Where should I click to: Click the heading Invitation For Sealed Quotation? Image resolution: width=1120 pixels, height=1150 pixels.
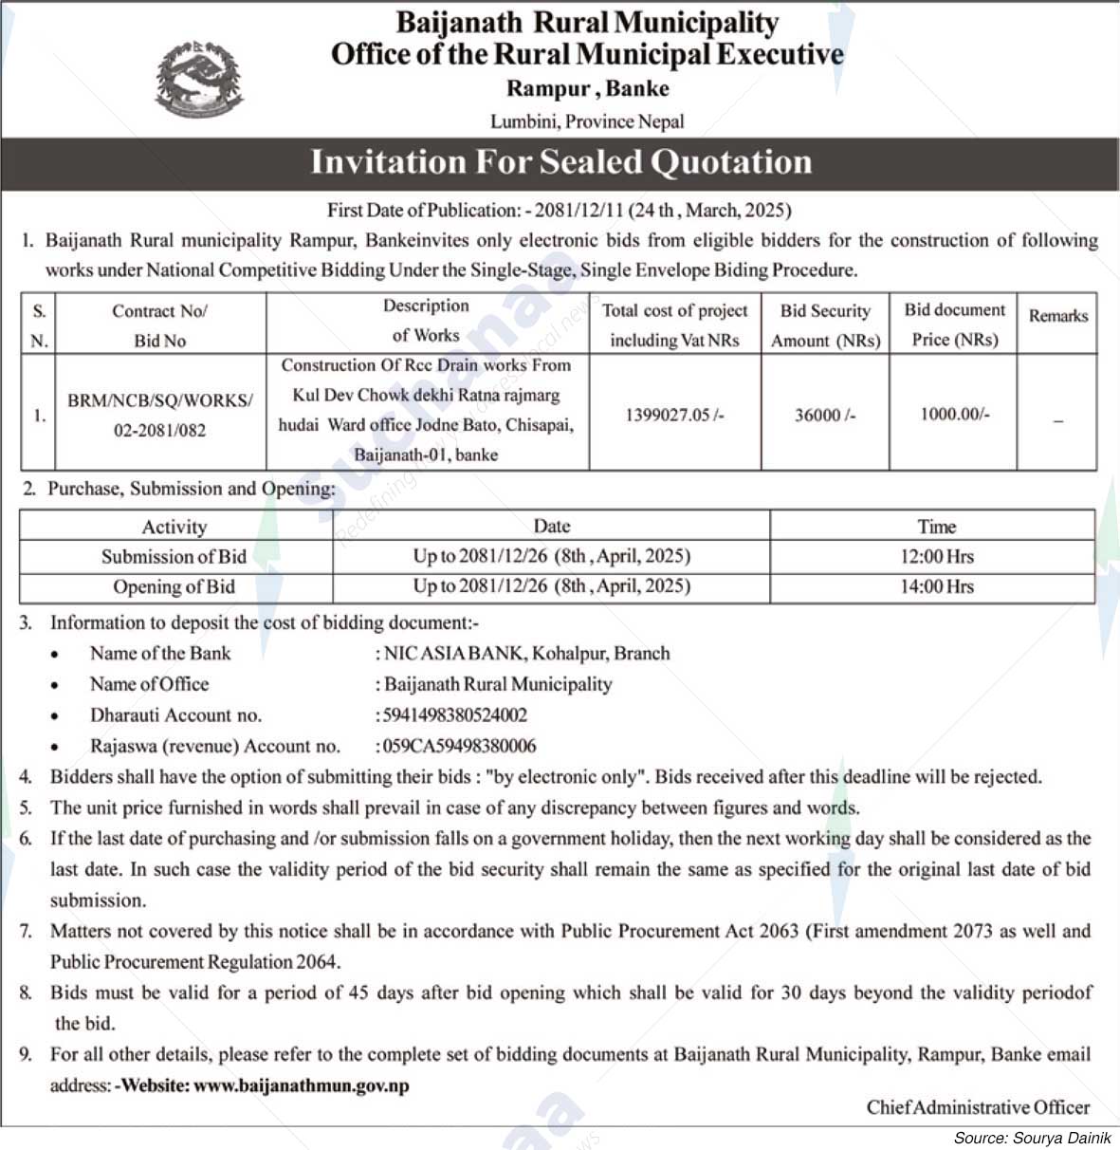coord(561,162)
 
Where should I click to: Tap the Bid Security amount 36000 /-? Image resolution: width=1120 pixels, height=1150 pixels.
coord(825,415)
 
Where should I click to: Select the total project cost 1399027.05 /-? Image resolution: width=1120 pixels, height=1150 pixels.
coord(674,415)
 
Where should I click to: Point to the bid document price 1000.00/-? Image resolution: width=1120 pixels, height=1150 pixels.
coord(954,414)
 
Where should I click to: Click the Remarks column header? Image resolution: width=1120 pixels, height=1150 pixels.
coord(1057,316)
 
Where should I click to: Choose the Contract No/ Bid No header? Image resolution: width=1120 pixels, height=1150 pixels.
coord(159,325)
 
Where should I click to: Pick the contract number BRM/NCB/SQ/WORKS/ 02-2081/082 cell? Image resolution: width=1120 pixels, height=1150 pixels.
coord(159,415)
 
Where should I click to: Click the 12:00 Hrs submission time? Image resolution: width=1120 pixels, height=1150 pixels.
coord(936,557)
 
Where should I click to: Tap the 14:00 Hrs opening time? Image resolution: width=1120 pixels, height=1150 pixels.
coord(936,586)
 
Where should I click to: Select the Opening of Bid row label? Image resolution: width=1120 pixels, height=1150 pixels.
coord(174,586)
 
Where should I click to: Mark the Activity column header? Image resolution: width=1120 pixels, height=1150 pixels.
coord(174,527)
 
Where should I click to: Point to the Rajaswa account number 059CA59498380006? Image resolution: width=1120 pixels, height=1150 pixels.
coord(458,746)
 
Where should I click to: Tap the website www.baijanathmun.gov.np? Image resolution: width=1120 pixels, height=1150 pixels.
coord(302,1085)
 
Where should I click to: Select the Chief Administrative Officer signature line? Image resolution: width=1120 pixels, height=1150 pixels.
coord(978,1107)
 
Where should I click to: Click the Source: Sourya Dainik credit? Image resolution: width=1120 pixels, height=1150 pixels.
coord(1032,1138)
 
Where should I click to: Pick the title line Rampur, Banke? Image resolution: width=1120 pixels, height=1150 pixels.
coord(588,89)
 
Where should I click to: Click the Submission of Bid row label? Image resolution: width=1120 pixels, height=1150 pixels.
coord(174,557)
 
